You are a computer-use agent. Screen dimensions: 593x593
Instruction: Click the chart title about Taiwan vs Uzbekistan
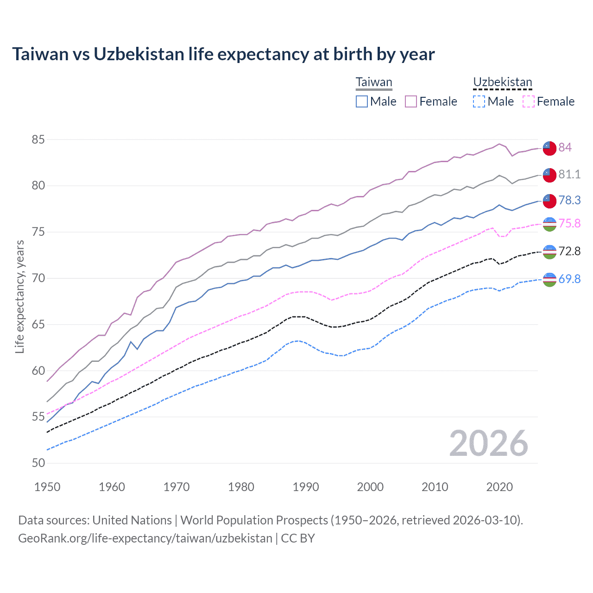[x=223, y=54]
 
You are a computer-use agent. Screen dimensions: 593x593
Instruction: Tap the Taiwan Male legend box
[x=362, y=101]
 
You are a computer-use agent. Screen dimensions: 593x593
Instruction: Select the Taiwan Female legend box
[x=411, y=101]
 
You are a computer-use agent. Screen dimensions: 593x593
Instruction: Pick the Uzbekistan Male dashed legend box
[x=479, y=101]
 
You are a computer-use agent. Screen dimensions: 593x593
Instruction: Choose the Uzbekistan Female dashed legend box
[x=528, y=101]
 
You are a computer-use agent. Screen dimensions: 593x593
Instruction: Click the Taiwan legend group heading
[x=374, y=82]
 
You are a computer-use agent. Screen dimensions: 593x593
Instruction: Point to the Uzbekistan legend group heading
[x=502, y=82]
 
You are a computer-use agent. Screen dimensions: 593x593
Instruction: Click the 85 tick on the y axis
[x=38, y=139]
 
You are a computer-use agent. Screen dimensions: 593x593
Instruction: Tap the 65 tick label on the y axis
[x=38, y=324]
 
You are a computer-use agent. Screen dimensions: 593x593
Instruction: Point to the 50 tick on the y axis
[x=38, y=463]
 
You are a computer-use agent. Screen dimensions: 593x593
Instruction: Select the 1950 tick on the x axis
[x=47, y=487]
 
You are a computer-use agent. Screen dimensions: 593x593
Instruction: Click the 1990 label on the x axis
[x=306, y=487]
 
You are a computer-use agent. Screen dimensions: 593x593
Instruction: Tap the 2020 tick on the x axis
[x=499, y=487]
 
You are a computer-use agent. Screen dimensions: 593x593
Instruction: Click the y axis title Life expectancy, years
[x=19, y=296]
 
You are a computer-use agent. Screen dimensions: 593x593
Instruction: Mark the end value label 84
[x=565, y=147]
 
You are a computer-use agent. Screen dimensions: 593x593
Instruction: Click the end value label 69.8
[x=569, y=279]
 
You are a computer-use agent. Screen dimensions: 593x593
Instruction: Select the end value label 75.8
[x=569, y=223]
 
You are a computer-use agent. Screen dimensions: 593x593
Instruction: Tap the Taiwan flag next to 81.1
[x=549, y=175]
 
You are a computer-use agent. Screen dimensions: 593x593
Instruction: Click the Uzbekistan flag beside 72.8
[x=549, y=252]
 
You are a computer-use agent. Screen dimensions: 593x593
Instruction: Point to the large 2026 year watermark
[x=488, y=443]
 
